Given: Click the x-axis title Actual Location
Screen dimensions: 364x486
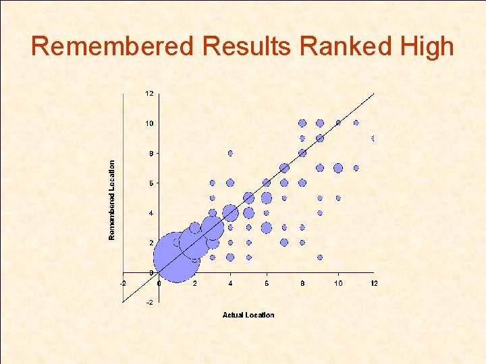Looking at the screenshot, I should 248,315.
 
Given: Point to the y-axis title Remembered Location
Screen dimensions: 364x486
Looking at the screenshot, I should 113,199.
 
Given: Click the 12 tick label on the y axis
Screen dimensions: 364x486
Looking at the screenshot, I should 148,93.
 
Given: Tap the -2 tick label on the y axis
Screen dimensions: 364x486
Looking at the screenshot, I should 149,302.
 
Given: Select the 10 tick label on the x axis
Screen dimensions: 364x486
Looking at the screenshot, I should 338,283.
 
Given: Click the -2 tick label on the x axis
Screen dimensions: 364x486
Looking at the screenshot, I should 122,283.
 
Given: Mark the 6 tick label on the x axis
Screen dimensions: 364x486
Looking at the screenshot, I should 266,283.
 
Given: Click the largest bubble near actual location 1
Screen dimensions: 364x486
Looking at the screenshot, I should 177,257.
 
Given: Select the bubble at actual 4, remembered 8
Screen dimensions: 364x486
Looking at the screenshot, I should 230,153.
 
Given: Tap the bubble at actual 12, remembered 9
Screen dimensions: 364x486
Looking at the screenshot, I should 373,138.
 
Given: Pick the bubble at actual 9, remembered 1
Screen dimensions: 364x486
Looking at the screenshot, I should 320,257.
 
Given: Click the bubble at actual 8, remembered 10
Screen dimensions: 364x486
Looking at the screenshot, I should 302,123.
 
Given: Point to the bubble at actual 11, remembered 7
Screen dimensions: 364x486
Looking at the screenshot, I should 356,168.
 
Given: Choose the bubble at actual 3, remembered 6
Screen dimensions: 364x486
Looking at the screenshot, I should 212,183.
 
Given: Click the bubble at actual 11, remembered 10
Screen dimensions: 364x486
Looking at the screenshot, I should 356,123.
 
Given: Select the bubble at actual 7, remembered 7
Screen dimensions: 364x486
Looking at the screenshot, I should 284,168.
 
